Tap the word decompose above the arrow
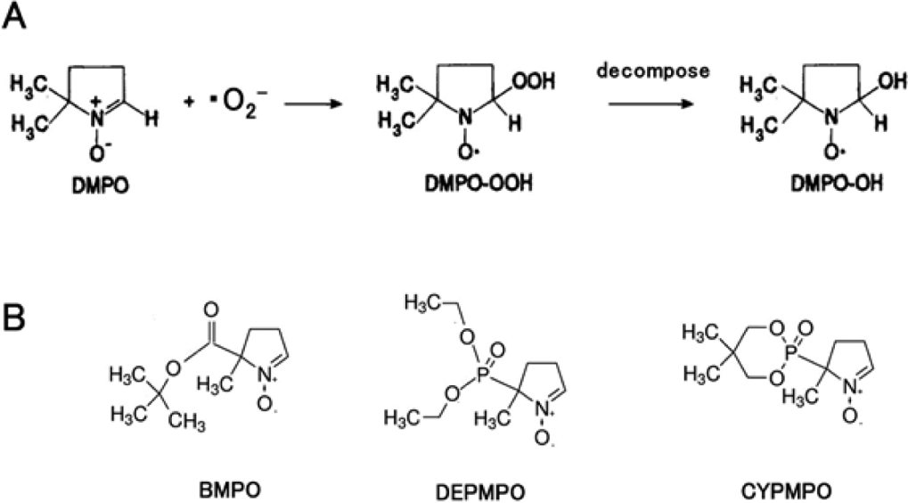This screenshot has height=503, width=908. coord(652,71)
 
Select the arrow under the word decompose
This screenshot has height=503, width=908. coord(650,104)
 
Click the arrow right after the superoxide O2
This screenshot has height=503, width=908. coord(310,104)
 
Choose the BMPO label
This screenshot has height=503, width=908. coord(229,490)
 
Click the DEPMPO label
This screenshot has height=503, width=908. coord(480,492)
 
